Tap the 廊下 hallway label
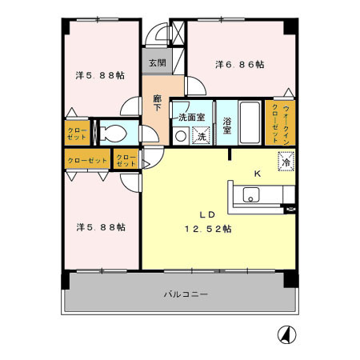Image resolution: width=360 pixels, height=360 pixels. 158,102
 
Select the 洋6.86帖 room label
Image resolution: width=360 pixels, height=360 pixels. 238,64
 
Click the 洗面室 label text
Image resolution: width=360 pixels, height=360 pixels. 192,118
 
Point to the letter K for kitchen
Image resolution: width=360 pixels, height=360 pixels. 258,174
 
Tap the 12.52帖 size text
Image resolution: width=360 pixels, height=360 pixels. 210,229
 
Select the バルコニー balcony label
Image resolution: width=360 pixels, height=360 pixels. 186,294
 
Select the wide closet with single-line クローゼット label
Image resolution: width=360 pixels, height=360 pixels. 87,161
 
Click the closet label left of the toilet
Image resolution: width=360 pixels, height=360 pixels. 78,133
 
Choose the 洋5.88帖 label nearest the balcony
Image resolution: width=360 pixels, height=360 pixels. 100,226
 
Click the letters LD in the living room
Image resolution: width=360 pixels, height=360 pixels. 206,214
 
